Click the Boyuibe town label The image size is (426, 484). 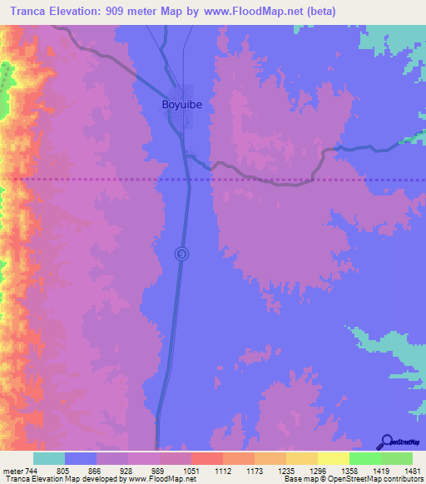[x=183, y=106]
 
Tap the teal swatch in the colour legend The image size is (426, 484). [x=49, y=459]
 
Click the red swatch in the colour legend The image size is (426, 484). [x=206, y=459]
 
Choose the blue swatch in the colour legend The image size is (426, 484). [x=81, y=459]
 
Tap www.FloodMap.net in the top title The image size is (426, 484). [x=250, y=11]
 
